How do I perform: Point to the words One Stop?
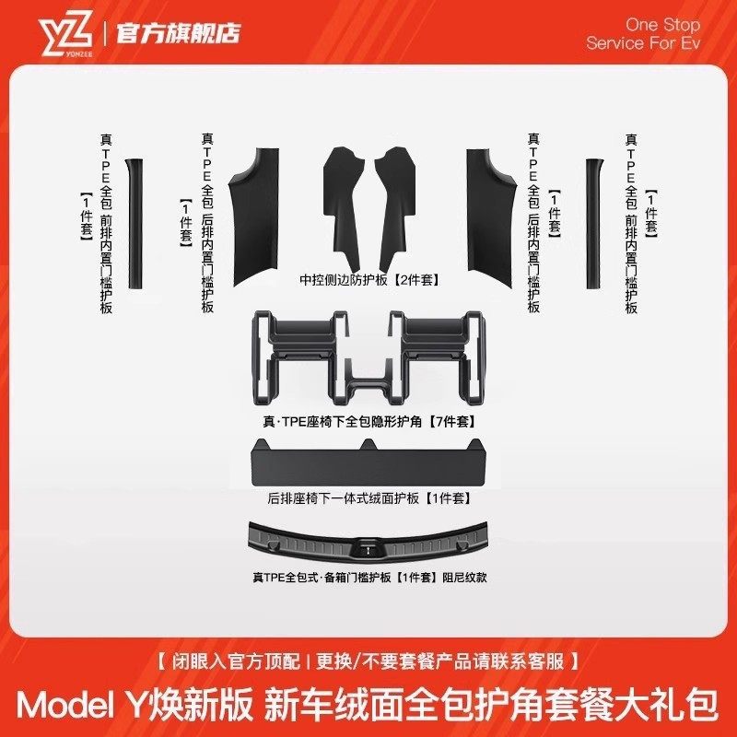(x=662, y=24)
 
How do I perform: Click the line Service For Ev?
(x=643, y=43)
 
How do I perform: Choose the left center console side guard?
(x=343, y=193)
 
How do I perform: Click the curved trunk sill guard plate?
(x=368, y=544)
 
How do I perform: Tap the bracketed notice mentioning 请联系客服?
(x=368, y=661)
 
